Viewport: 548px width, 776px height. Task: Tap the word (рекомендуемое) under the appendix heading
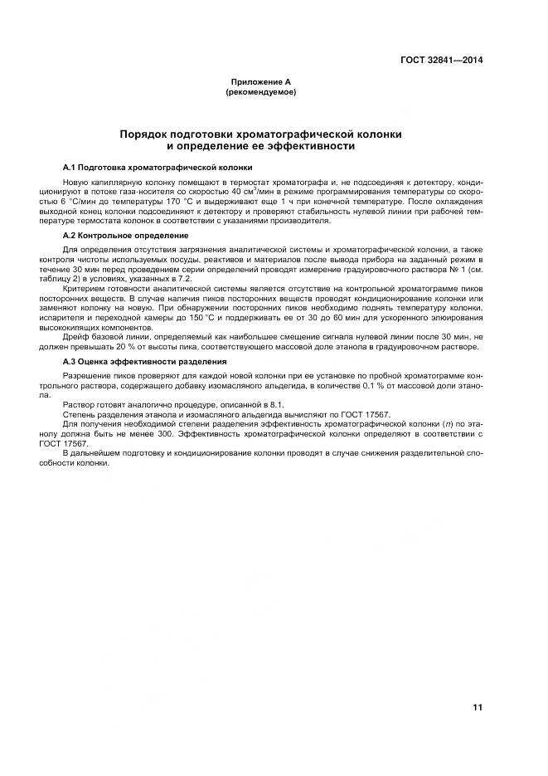click(260, 92)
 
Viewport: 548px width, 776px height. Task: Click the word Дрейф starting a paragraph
click(76, 337)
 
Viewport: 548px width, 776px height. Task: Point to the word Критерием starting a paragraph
click(84, 288)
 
